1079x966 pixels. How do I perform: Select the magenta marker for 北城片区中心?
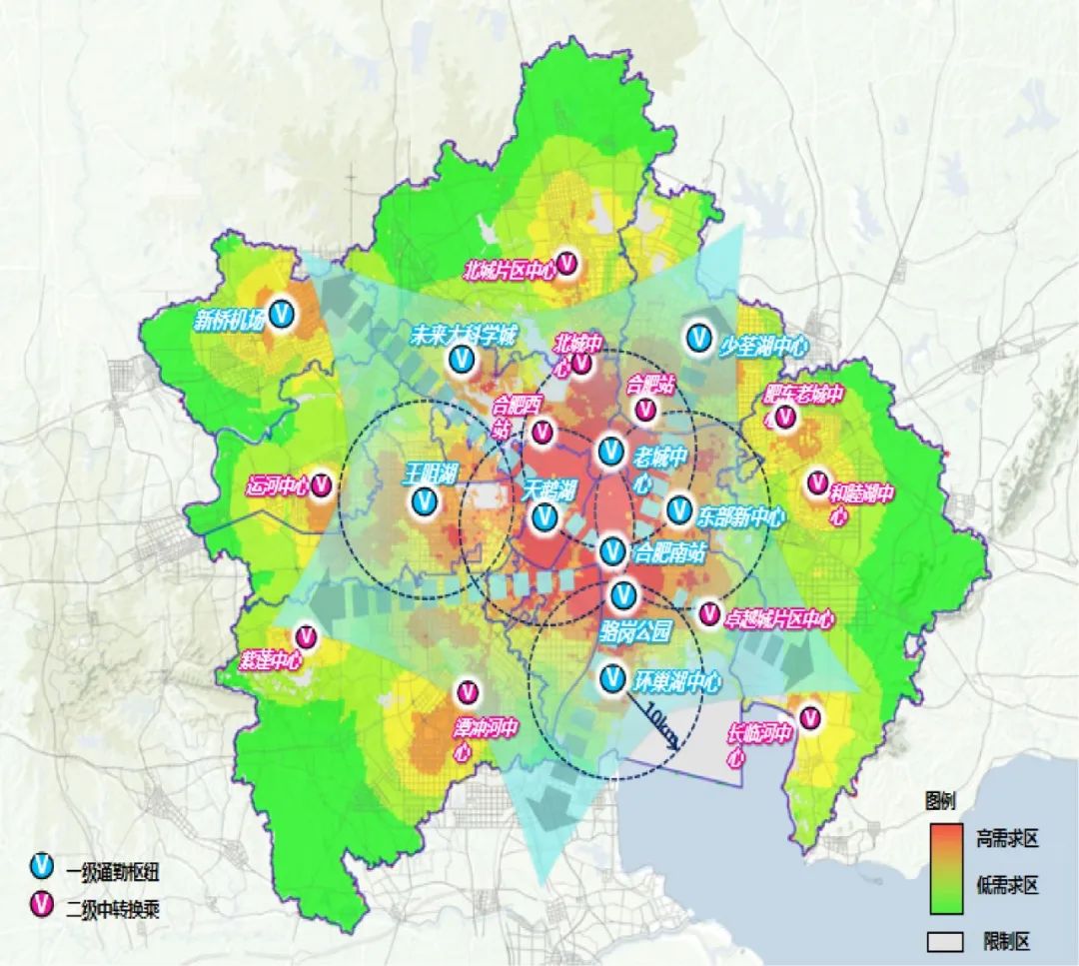567,264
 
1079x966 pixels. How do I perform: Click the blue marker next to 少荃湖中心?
696,338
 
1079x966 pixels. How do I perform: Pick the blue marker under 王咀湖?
424,501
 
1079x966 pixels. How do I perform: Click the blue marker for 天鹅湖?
544,516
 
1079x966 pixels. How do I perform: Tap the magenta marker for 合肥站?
645,409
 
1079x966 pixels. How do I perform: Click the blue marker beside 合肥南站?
612,549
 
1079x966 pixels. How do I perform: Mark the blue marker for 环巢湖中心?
613,679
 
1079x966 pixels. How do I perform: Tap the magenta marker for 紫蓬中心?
306,636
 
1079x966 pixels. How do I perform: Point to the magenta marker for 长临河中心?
809,716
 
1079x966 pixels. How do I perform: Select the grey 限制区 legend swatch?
944,941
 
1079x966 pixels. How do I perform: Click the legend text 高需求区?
1007,838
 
